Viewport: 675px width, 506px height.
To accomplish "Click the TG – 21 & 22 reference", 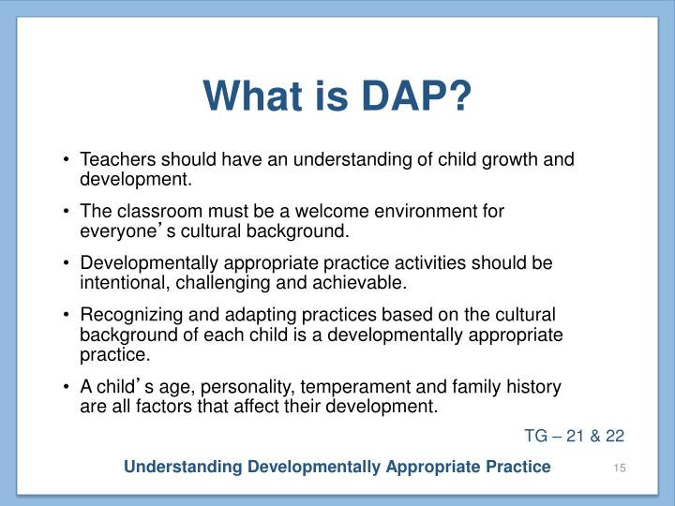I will tap(574, 435).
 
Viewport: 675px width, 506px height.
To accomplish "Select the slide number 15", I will tap(618, 467).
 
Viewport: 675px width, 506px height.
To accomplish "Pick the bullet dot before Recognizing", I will tap(68, 315).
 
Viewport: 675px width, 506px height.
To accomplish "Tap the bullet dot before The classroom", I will tap(68, 212).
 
